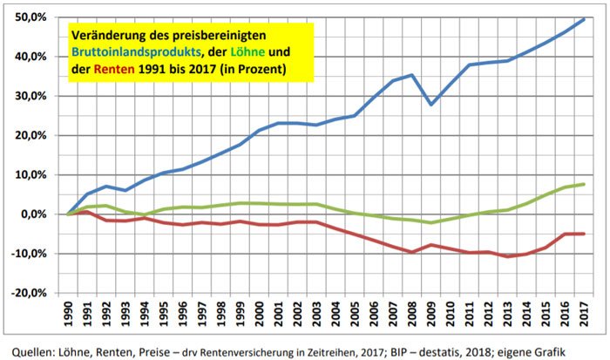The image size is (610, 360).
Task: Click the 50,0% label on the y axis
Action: tap(30, 17)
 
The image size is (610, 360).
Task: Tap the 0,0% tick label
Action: tap(34, 214)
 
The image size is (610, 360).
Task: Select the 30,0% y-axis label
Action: tap(30, 96)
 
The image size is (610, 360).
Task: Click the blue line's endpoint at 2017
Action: tap(583, 19)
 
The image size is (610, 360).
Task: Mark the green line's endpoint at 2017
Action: tap(583, 184)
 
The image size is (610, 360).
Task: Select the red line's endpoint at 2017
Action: tap(583, 234)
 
